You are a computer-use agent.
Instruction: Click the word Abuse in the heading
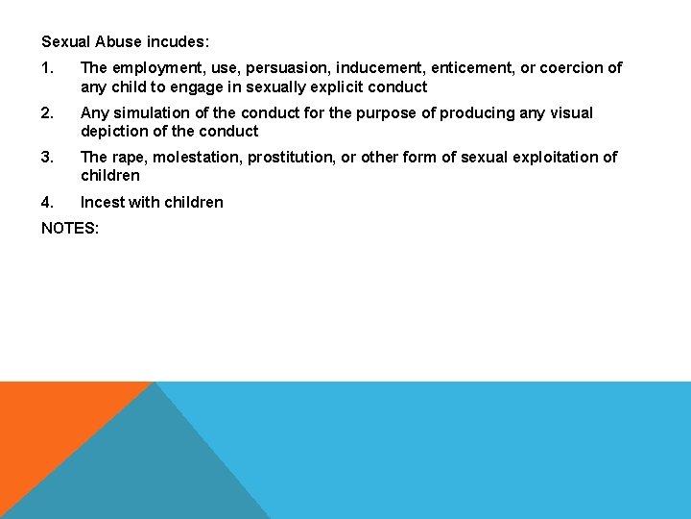119,42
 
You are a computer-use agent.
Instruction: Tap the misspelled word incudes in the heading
178,42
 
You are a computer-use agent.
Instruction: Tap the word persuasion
279,68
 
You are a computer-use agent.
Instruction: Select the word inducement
371,68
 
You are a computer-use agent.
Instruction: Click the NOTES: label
70,229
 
